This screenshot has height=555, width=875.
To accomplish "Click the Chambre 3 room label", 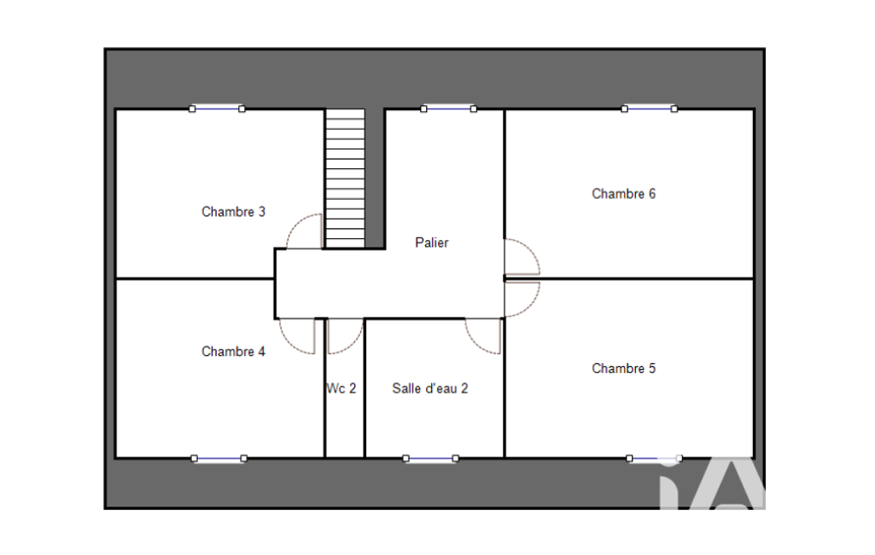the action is tap(233, 212).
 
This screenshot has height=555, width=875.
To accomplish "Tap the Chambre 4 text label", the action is tap(233, 351).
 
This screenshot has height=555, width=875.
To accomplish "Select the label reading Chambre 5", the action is tap(623, 369).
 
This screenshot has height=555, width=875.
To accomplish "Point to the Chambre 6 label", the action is tap(623, 194).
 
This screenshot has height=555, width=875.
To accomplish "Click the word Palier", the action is tap(431, 242).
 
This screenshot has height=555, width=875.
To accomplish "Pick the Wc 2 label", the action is tap(341, 388).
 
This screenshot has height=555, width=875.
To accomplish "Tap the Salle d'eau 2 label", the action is tap(429, 388).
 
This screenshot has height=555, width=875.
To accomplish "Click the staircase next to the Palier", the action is tap(346, 178).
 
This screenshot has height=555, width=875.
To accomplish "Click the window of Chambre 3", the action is tap(217, 109).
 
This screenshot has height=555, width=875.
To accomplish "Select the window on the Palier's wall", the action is tap(449, 109).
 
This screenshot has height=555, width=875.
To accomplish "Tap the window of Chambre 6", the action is tap(650, 109).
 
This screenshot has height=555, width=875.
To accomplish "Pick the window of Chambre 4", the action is tap(219, 459).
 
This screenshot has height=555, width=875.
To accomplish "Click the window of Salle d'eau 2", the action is tap(431, 459).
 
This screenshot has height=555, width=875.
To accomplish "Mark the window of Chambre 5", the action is tap(654, 459).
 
